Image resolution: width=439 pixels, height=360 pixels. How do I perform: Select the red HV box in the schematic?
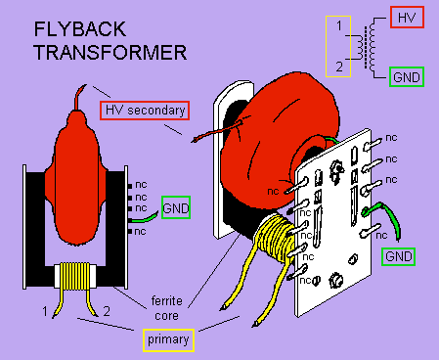pyautogui.click(x=406, y=18)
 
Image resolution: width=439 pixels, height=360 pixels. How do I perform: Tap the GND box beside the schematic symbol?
pyautogui.click(x=406, y=76)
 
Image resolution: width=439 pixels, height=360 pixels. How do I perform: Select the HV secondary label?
pyautogui.click(x=144, y=111)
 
